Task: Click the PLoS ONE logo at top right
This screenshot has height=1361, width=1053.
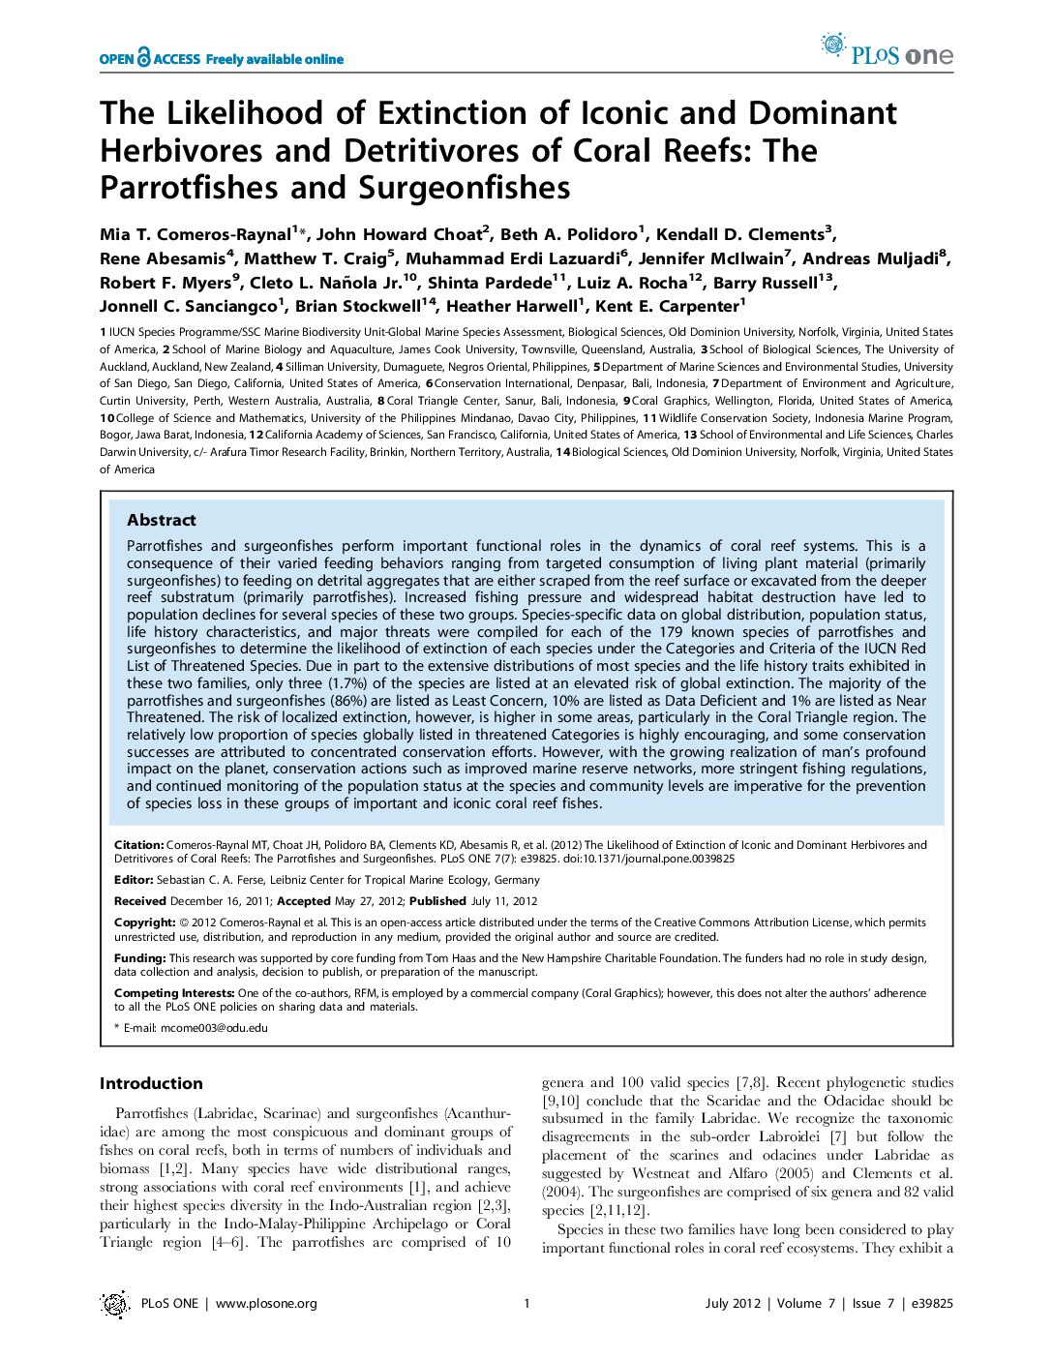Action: tap(887, 49)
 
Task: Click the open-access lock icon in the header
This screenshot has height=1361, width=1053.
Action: tap(144, 58)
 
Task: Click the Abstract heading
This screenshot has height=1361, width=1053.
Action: tap(161, 520)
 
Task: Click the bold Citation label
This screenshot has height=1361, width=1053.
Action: tap(138, 845)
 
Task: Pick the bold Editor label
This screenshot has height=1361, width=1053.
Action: tap(134, 880)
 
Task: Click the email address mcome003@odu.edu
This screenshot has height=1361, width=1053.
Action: tap(214, 1028)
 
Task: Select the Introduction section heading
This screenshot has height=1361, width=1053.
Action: tap(151, 1083)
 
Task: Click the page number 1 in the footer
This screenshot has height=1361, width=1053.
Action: tap(526, 1304)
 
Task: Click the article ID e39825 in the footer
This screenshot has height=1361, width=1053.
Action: tap(931, 1304)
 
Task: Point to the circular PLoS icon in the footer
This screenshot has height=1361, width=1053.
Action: tap(115, 1304)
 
